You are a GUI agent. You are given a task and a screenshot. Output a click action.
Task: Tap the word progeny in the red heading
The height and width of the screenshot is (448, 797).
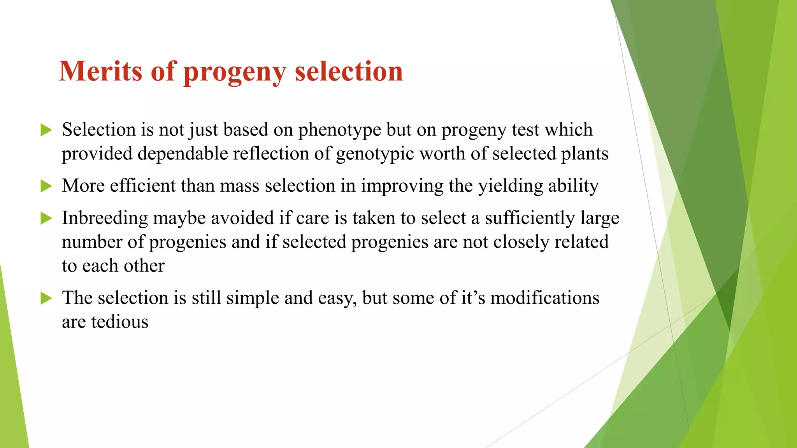pos(234,73)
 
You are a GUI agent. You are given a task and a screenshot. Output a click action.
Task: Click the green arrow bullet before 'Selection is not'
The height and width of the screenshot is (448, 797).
pos(46,130)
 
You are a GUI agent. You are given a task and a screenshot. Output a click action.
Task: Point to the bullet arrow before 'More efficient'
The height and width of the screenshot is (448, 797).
pos(46,186)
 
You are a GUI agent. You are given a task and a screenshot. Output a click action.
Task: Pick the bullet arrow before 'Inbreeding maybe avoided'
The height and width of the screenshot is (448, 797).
pos(46,219)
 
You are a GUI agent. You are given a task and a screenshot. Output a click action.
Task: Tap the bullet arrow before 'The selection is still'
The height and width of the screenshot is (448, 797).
pos(46,299)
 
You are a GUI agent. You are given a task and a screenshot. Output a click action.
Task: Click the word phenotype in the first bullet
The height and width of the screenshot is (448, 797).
pos(339,130)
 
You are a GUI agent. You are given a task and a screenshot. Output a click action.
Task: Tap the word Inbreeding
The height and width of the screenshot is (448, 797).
pos(105,219)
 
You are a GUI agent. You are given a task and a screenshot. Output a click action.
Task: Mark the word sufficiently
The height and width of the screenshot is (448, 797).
pos(530,219)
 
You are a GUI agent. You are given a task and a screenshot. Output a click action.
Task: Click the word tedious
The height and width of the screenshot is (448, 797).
pos(119,322)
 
